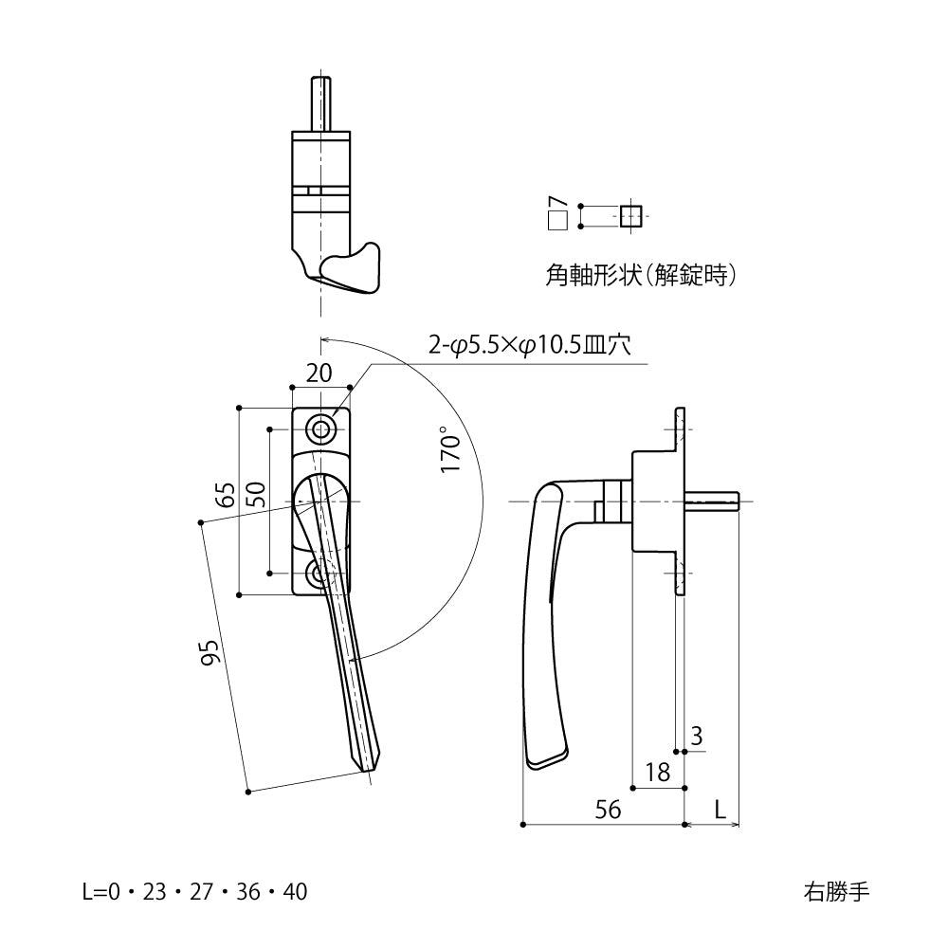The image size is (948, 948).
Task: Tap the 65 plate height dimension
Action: [x=225, y=496]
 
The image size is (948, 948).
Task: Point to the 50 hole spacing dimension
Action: [x=255, y=493]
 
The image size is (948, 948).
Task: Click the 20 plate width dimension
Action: [x=319, y=373]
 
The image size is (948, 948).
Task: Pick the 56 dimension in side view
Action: [x=608, y=809]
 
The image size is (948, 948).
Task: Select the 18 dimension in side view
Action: [x=657, y=772]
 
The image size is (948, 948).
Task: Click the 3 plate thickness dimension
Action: [x=697, y=735]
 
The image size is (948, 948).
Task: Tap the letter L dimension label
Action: [x=720, y=809]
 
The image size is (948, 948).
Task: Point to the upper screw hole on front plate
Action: [x=322, y=430]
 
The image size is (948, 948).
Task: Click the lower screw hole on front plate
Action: [x=319, y=574]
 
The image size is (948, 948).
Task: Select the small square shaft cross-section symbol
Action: [x=630, y=215]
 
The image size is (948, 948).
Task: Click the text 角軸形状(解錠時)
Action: [x=642, y=276]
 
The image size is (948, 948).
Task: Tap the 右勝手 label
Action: [x=835, y=891]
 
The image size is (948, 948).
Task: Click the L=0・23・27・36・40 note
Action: [x=195, y=892]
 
